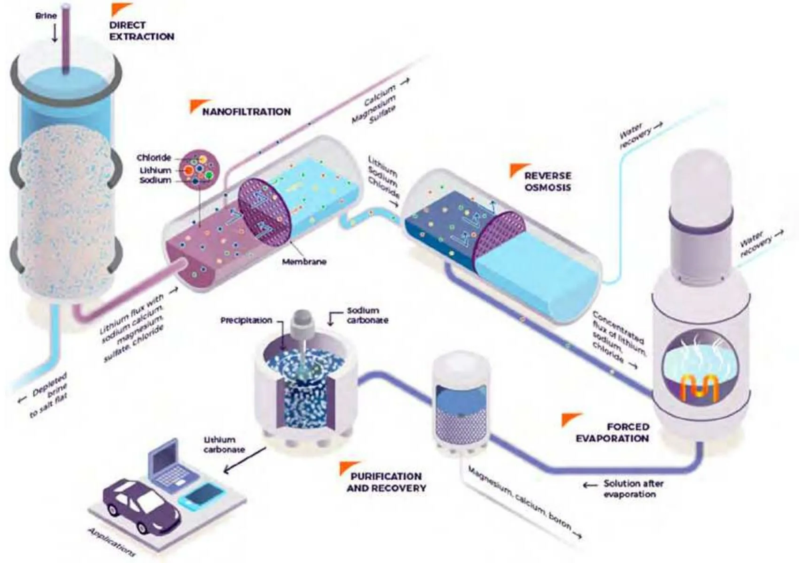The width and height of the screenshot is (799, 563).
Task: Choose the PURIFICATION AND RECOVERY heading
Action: (382, 482)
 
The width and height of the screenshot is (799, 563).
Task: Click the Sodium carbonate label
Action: (370, 316)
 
